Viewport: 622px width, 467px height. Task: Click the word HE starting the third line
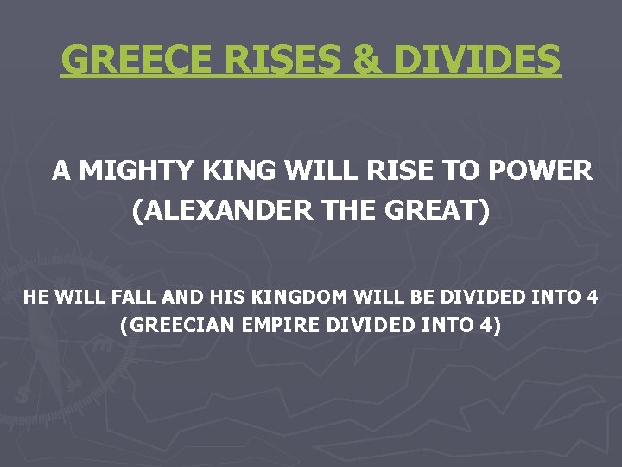(36, 297)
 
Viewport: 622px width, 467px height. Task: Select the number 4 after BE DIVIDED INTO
(591, 297)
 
